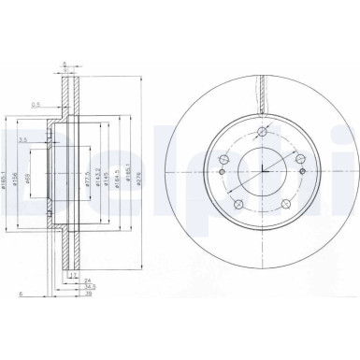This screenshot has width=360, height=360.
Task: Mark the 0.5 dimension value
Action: coord(37,105)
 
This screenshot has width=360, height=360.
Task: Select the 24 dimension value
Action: coord(88,281)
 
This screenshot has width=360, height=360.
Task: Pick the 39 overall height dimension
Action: coord(88,295)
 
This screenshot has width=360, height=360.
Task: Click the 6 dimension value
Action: coord(21,295)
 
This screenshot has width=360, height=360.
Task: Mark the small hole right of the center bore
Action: coord(306,169)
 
